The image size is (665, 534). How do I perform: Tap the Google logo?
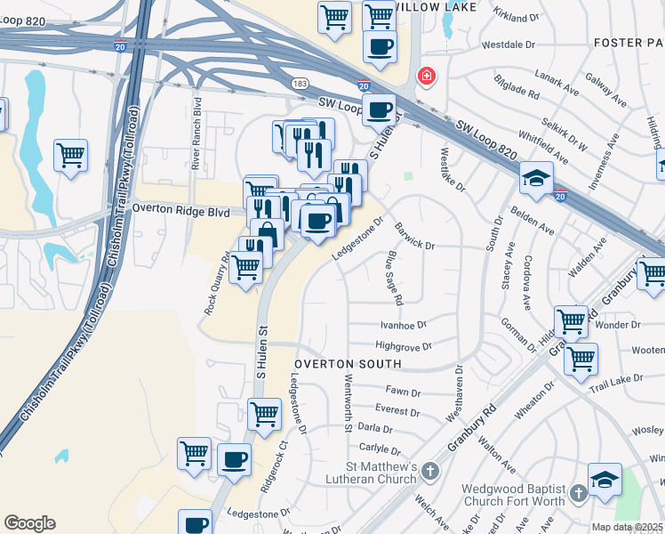29,523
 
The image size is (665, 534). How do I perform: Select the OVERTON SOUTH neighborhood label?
349,364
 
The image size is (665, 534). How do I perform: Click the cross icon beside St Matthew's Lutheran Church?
429,470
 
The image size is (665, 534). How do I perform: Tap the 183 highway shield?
300,83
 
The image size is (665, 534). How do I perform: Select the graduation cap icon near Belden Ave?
537,179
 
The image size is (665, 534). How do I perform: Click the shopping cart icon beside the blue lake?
71,155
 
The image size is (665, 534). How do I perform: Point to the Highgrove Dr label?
403,346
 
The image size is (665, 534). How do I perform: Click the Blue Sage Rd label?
395,274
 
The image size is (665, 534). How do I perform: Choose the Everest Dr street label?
397,412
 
